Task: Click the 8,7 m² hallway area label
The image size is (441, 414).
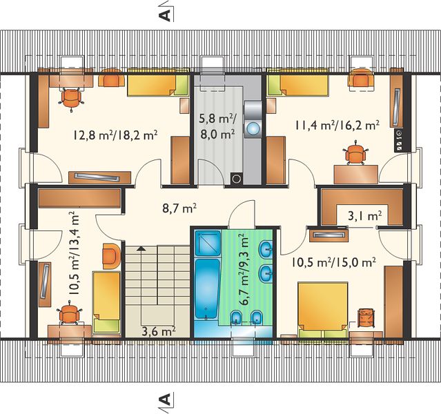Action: pyautogui.click(x=179, y=208)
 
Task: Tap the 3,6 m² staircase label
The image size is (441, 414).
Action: pyautogui.click(x=159, y=331)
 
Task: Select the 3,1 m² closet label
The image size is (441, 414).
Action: pyautogui.click(x=365, y=216)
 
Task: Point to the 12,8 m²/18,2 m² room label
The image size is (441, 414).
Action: pyautogui.click(x=115, y=135)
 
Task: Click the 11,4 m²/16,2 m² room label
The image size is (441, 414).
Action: pyautogui.click(x=337, y=125)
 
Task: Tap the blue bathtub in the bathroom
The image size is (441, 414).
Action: pyautogui.click(x=207, y=289)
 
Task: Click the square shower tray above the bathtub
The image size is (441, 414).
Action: pyautogui.click(x=208, y=243)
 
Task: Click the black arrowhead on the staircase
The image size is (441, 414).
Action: pyautogui.click(x=141, y=248)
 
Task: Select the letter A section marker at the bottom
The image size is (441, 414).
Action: pyautogui.click(x=166, y=399)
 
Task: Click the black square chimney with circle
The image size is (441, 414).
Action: pyautogui.click(x=237, y=179)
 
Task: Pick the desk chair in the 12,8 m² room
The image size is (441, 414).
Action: pyautogui.click(x=71, y=99)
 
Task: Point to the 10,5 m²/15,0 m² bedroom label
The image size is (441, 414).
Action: pyautogui.click(x=333, y=262)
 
